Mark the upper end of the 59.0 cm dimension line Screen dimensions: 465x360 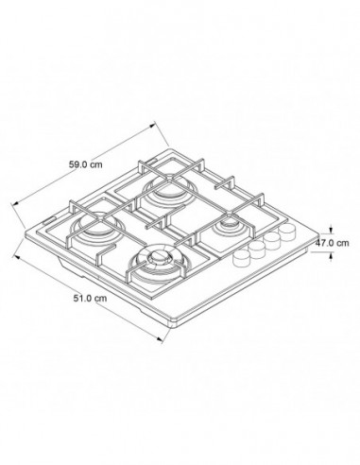point(153,123)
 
